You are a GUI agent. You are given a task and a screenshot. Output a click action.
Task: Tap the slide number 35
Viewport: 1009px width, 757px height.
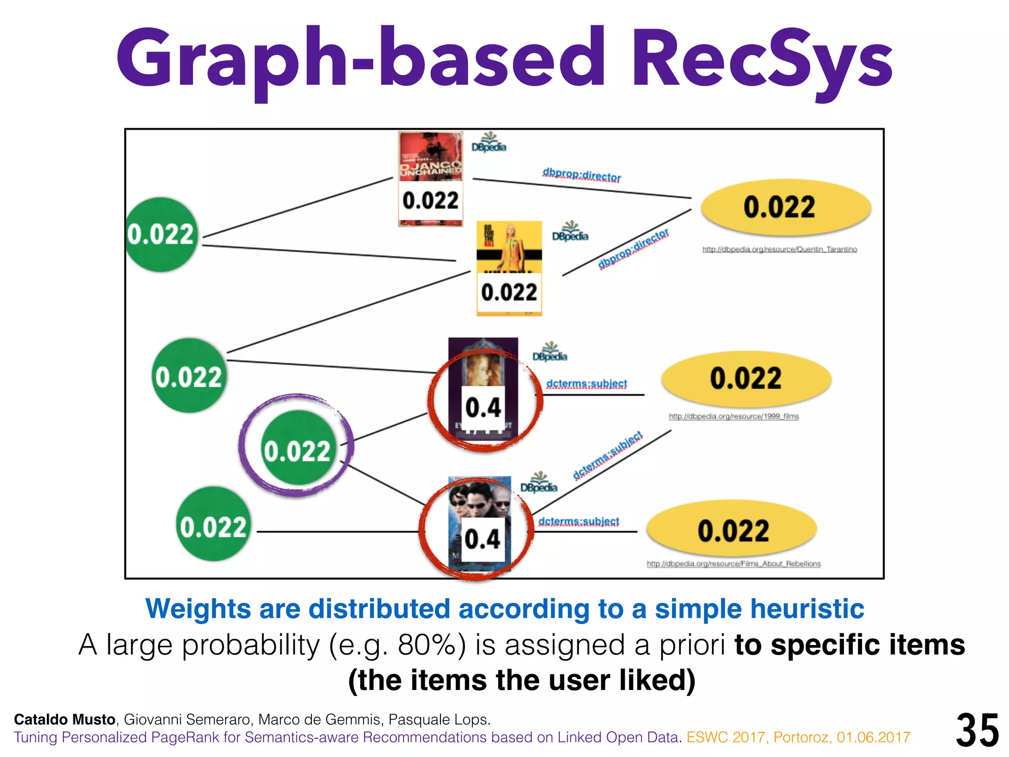pos(977,730)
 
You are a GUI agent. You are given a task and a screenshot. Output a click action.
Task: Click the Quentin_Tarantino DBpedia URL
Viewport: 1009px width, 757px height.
pos(779,249)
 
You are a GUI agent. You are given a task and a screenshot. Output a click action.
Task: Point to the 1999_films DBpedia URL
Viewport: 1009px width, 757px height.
pos(734,416)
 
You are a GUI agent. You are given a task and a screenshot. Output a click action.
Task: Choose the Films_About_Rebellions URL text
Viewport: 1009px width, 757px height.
pos(734,564)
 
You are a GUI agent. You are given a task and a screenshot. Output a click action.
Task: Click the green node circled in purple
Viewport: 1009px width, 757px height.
pos(297,447)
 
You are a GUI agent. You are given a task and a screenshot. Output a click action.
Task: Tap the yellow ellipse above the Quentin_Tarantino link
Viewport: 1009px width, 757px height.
pos(785,207)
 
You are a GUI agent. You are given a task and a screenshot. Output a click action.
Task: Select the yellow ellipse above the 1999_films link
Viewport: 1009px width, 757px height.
pos(746,378)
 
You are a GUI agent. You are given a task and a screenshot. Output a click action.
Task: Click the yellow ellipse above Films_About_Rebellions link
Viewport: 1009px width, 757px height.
pos(732,530)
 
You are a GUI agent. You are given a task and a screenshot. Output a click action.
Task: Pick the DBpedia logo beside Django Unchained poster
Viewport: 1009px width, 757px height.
pos(489,143)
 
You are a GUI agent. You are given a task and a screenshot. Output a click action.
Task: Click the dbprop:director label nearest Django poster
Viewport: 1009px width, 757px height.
pos(581,175)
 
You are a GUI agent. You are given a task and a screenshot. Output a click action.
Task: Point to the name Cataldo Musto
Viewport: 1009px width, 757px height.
pos(65,720)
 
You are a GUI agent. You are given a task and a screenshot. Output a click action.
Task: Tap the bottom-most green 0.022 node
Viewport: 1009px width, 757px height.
pos(212,524)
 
